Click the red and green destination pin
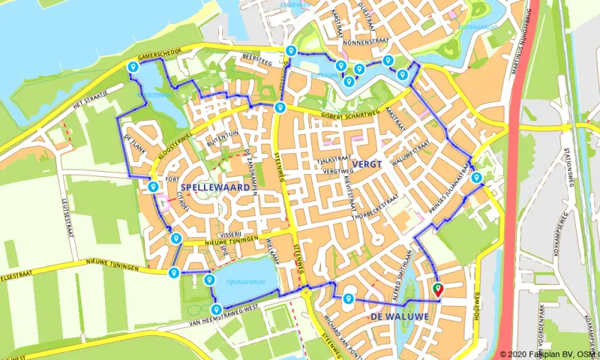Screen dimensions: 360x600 [x=438, y=290]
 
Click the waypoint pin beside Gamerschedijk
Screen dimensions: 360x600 [x=133, y=67]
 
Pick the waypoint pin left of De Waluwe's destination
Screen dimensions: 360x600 [x=348, y=299]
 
